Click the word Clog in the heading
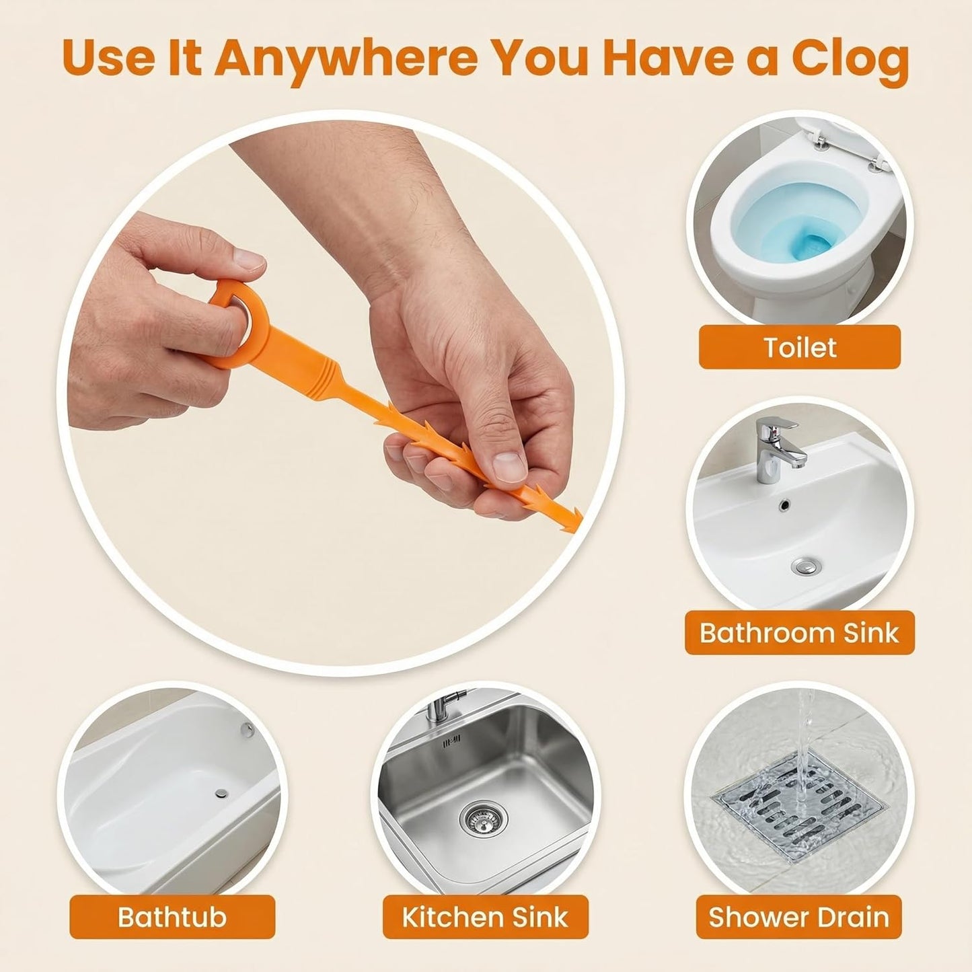(850, 58)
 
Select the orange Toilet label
(800, 347)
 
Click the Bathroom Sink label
(800, 632)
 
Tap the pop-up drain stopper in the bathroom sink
(806, 566)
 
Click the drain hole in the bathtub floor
(221, 793)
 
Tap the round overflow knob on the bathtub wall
(247, 728)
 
